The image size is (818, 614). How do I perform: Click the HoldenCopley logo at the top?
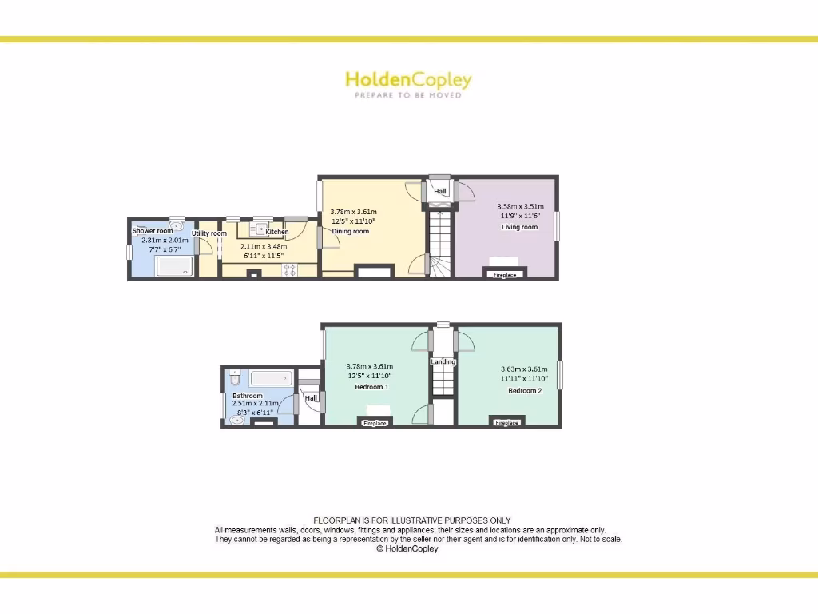[x=408, y=80]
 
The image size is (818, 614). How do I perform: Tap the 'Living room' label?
[x=519, y=227]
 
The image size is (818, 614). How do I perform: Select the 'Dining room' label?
[x=351, y=232]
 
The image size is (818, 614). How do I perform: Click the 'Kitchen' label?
[x=277, y=233]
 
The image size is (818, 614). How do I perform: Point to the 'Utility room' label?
[x=209, y=233]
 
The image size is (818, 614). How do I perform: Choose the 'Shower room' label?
[x=152, y=231]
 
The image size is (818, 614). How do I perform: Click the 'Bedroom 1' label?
[x=371, y=387]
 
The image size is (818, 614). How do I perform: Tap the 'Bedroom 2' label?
[x=525, y=390]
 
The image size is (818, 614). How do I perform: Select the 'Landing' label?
[x=443, y=362]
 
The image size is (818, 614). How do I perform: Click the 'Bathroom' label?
[x=248, y=396]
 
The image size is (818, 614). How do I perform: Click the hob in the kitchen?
[x=290, y=270]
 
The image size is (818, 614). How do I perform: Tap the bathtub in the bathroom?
[x=272, y=378]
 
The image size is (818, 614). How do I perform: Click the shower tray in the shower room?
[x=175, y=265]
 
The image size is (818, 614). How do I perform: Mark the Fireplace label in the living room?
[x=504, y=275]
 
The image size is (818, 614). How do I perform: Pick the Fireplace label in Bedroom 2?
[x=506, y=423]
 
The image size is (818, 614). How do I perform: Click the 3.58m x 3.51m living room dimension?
[x=519, y=206]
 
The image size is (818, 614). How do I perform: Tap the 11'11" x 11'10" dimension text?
[x=524, y=379]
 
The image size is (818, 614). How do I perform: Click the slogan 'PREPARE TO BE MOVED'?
[x=408, y=95]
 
